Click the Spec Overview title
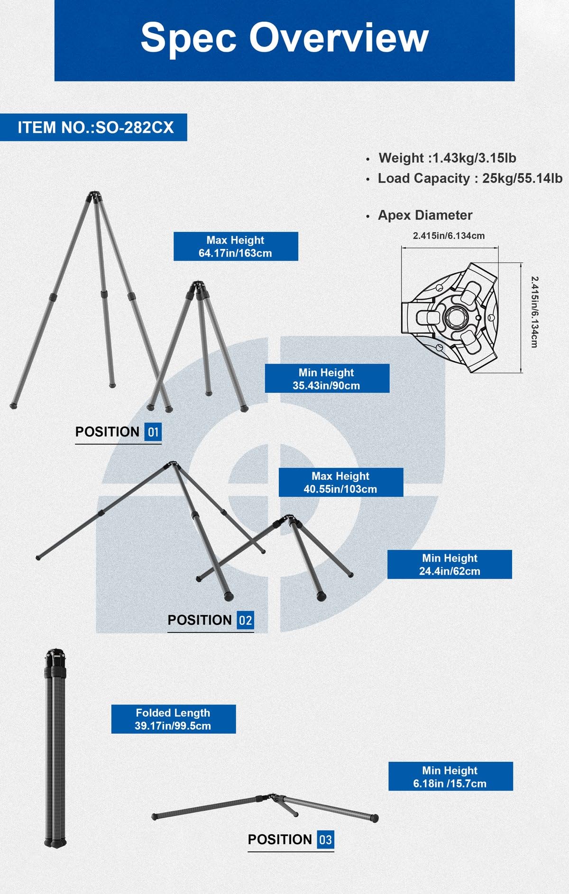[284, 38]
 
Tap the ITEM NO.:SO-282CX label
[95, 128]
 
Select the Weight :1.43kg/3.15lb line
[447, 158]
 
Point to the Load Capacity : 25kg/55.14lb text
[469, 178]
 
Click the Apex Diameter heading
[425, 215]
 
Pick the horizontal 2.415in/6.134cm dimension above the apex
[449, 236]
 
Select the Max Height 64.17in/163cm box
[236, 246]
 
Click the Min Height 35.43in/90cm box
[327, 379]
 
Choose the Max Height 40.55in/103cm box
[340, 483]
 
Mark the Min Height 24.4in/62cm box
[450, 565]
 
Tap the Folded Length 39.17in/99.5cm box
[173, 719]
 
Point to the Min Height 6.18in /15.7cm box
[450, 776]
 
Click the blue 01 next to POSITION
[153, 432]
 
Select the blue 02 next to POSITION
[245, 620]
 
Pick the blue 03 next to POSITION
[325, 840]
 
